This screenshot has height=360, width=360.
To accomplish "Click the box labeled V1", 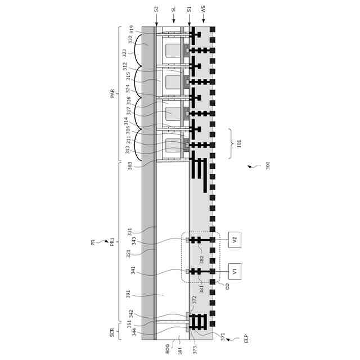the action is [x=235, y=271].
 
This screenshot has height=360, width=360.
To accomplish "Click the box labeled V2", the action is [x=235, y=240].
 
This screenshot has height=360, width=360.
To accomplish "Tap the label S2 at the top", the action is [x=156, y=10].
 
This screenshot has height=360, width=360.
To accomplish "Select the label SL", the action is [x=174, y=10].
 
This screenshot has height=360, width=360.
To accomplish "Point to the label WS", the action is [x=203, y=10].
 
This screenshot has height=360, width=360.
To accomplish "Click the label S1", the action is [x=189, y=10].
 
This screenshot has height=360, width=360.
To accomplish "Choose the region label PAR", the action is [x=112, y=93].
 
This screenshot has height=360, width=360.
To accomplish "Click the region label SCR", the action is [x=112, y=332].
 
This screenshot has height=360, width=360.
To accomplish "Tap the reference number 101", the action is [x=239, y=144].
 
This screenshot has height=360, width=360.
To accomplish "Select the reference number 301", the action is [x=268, y=166].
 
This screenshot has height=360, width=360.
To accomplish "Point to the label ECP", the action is [x=246, y=339].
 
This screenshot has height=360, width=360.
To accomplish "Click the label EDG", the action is [x=167, y=349].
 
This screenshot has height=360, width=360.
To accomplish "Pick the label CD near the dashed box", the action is [x=227, y=286].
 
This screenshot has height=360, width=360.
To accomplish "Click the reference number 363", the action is [x=130, y=166].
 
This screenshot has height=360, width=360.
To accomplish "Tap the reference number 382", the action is [x=201, y=259].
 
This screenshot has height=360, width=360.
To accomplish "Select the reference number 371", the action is [x=222, y=336].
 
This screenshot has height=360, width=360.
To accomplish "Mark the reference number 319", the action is [x=132, y=29].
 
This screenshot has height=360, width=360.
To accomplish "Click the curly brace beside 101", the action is [x=230, y=144].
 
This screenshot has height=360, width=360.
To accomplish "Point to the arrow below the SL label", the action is [x=174, y=20].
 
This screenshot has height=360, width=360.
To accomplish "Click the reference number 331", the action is [x=129, y=232].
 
